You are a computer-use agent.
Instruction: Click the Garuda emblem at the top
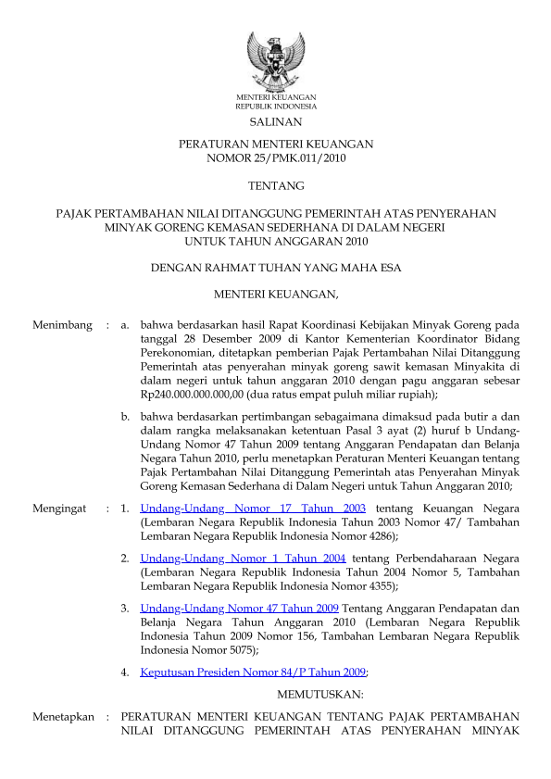coord(275,58)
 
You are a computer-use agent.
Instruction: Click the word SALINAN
coord(275,122)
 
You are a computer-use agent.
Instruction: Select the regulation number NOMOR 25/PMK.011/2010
coord(275,159)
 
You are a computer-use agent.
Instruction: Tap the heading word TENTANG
coord(275,186)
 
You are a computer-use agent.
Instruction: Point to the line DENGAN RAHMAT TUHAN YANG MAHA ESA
coord(275,269)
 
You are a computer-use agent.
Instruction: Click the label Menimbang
coord(62,325)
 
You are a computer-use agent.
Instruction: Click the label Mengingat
coord(59,509)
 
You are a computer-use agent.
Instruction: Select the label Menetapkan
coord(62,717)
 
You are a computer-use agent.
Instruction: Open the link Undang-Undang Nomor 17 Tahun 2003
coord(253,509)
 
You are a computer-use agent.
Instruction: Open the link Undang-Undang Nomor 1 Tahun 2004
coord(244,559)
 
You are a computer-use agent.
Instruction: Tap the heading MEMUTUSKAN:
coord(320,693)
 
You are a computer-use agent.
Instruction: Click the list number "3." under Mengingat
coord(125,609)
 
